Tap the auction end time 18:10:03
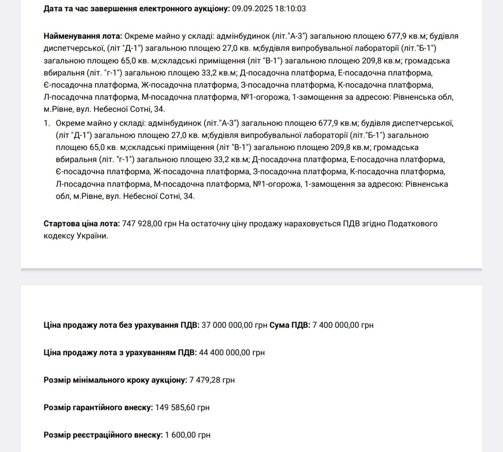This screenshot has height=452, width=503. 289,9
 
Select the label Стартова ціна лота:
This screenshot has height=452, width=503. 82,224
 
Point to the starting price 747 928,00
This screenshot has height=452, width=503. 142,224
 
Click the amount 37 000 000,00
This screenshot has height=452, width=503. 227,325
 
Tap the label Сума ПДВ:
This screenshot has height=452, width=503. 290,325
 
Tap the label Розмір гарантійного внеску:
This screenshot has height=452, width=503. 98,407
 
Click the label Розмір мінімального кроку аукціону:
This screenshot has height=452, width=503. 116,380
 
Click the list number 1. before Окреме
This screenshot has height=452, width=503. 47,123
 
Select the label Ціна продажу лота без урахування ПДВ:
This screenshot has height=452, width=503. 121,325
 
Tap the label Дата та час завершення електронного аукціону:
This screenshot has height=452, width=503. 136,9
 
